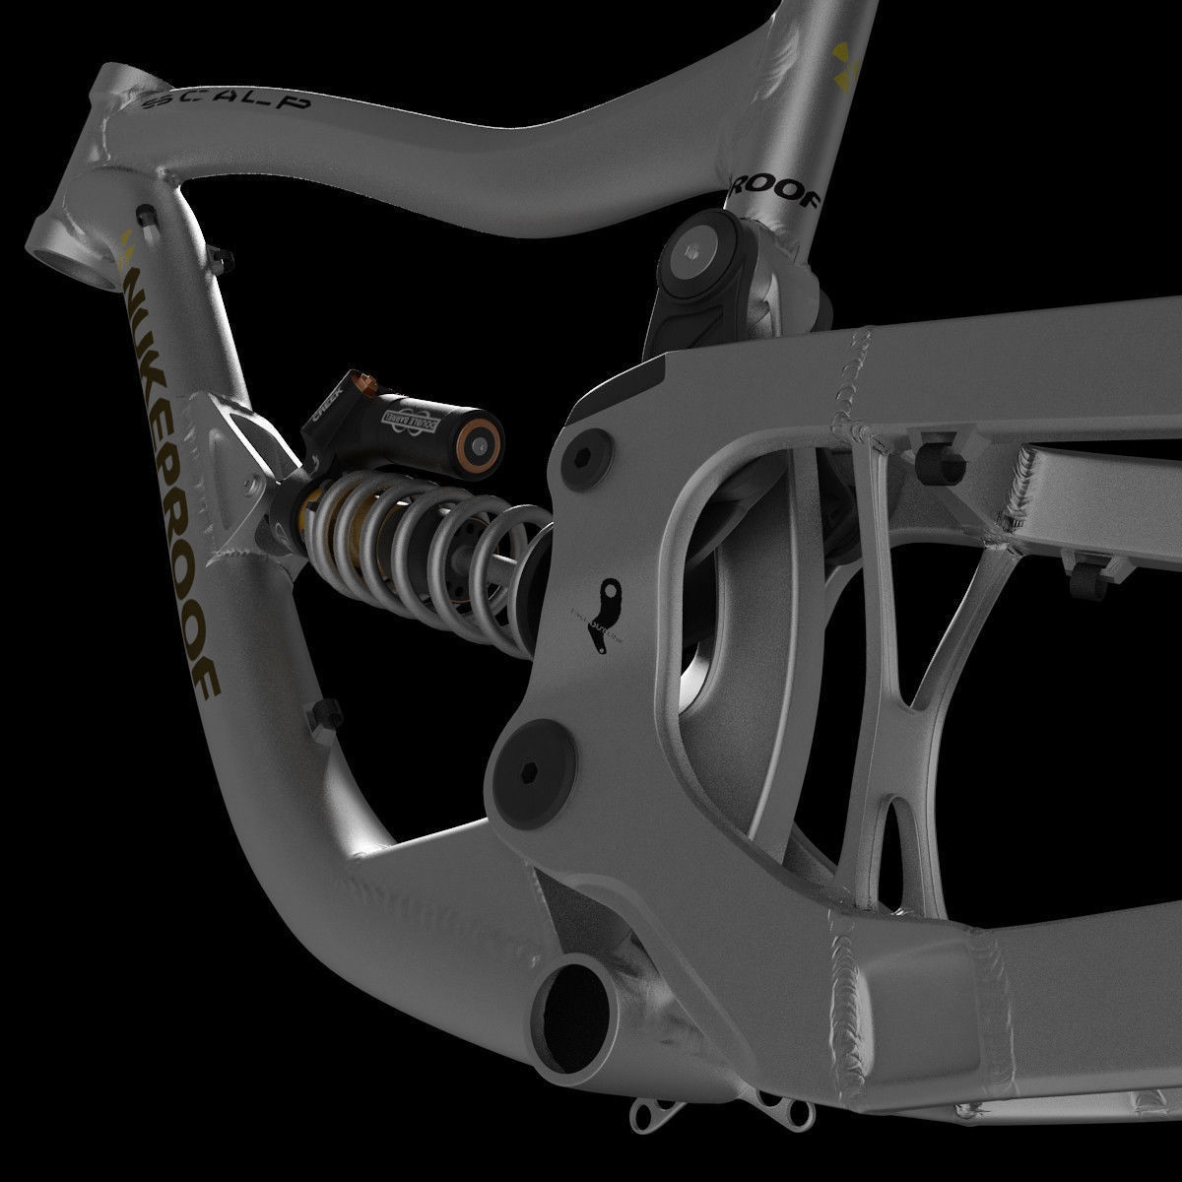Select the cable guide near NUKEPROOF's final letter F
[325, 716]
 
